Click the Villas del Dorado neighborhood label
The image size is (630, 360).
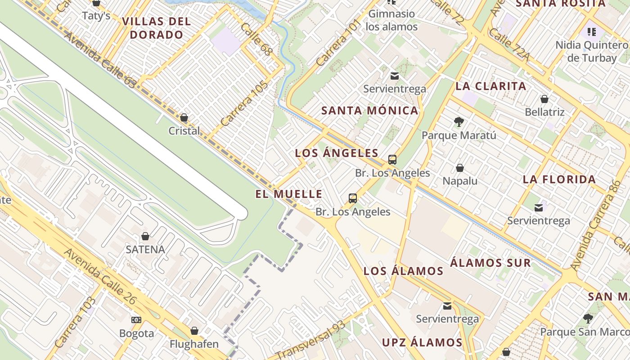coord(156,28)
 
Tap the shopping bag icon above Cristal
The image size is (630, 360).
coord(184,118)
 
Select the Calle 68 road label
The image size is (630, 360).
coord(256,40)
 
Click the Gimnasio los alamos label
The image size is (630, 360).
coord(391,20)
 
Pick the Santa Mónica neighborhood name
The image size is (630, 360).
coord(370,111)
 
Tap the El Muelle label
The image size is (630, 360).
coord(289,194)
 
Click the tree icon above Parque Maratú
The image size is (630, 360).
coord(459,121)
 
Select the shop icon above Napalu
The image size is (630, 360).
coord(460,168)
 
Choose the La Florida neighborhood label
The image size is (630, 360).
coord(559,180)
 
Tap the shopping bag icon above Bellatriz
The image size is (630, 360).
coord(544,99)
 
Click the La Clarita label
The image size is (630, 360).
coord(491,86)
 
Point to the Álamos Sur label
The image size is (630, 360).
coord(490,263)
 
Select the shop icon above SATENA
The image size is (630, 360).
coord(145,236)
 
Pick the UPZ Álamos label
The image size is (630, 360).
coord(422,342)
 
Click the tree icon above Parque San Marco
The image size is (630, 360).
coord(588,319)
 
